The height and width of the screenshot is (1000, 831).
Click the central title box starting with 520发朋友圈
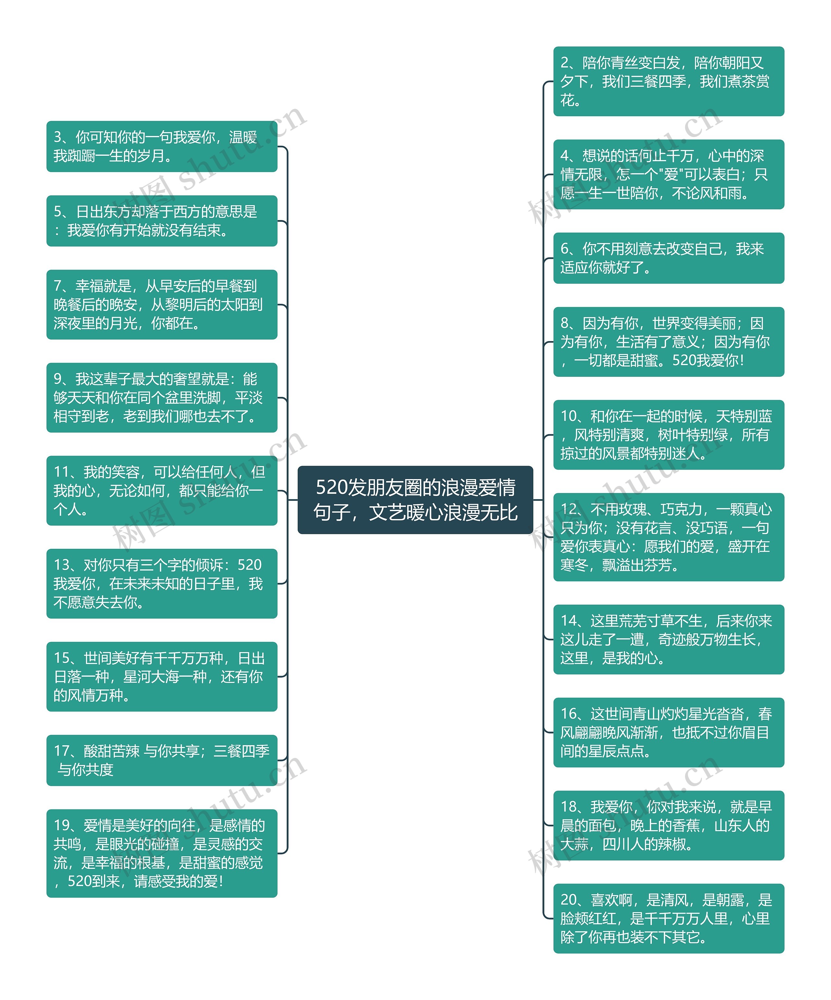coord(415,500)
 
